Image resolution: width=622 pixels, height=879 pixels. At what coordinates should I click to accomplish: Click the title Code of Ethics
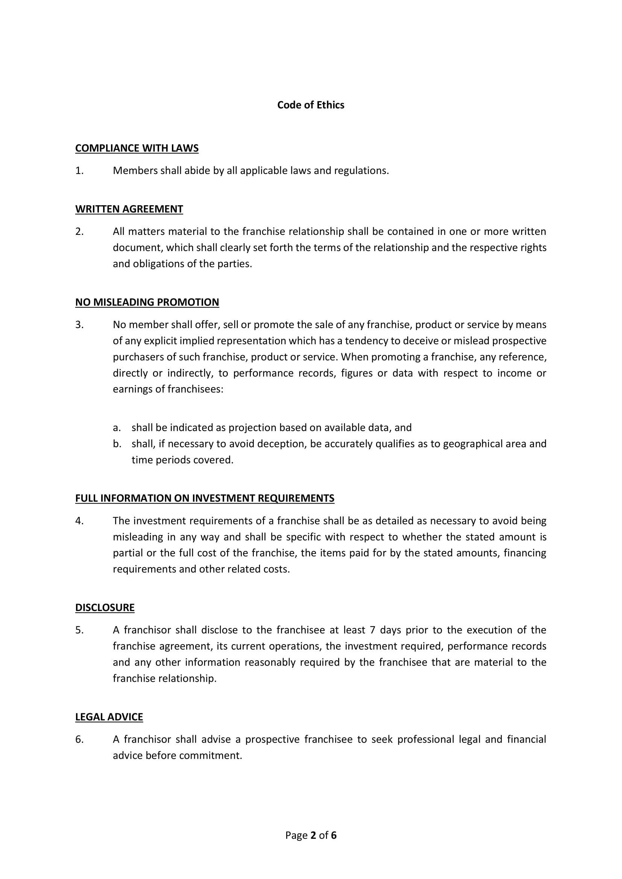311,105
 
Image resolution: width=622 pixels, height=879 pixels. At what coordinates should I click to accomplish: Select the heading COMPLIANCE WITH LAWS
137,148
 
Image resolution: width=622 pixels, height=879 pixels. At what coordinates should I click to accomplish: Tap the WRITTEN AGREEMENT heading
129,209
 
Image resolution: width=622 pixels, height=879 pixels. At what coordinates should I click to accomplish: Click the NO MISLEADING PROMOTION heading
147,302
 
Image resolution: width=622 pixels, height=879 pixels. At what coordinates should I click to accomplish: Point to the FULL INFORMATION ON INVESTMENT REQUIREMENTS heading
205,498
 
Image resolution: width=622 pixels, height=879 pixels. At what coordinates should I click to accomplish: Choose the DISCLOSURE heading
105,608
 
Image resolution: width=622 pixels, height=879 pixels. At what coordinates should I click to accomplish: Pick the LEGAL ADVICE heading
109,717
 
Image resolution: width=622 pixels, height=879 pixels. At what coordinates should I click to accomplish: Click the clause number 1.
79,171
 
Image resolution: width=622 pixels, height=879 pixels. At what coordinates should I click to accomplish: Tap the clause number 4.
79,520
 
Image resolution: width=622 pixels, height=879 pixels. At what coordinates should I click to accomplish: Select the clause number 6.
79,739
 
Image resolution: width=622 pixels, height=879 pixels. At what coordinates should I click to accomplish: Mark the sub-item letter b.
117,444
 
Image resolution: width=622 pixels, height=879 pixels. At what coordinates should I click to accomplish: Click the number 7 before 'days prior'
372,630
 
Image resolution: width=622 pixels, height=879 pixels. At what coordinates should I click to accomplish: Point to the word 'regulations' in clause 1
361,171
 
